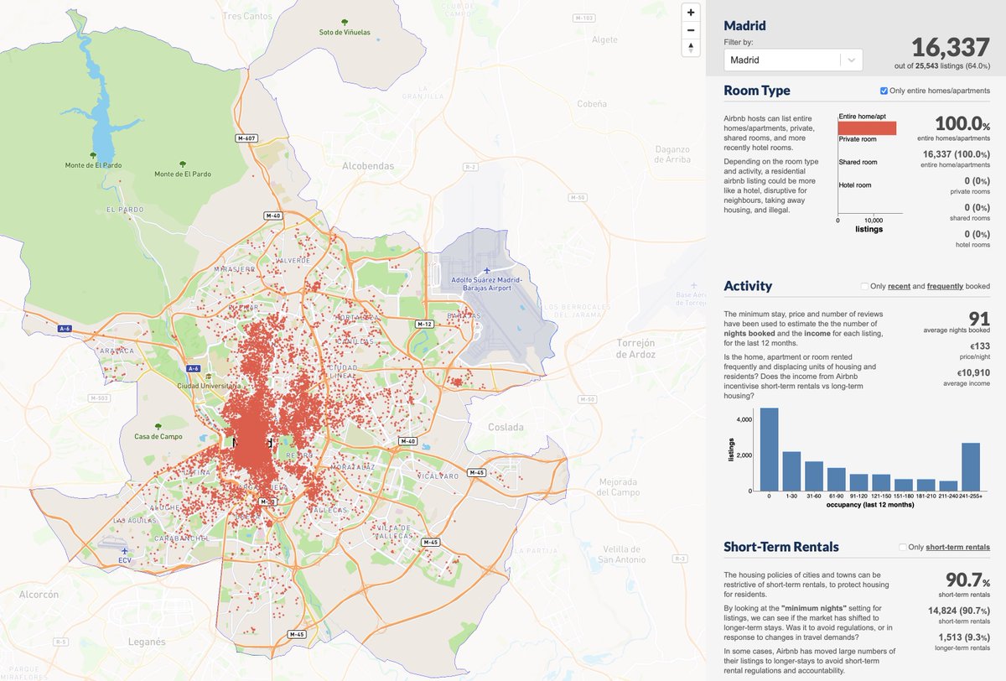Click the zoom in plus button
[690, 13]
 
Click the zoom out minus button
[690, 30]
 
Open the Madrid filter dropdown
[792, 60]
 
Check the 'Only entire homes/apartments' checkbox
[884, 91]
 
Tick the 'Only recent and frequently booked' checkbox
[864, 287]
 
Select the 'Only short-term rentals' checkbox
[903, 548]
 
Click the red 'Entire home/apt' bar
[867, 128]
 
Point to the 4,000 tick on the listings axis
[742, 418]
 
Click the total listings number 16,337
[951, 46]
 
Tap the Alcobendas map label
[367, 166]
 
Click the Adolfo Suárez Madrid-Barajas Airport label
[486, 283]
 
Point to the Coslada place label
[506, 427]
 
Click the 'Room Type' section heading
[757, 91]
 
